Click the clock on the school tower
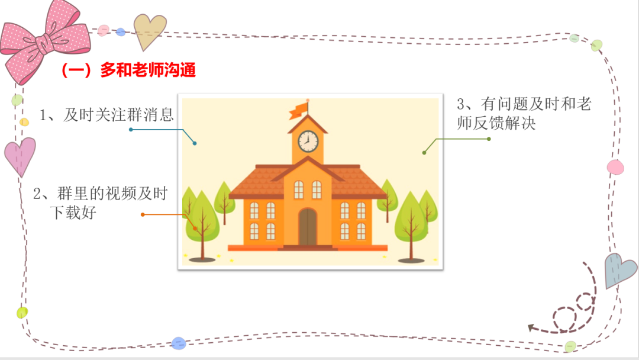coord(308,142)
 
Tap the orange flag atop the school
coord(298,111)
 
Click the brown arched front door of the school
coord(308,227)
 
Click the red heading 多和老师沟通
coord(128,70)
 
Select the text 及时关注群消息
coord(118,115)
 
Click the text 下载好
coord(73,213)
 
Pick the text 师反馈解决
coord(496,123)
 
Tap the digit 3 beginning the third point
coord(460,104)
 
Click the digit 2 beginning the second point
coord(37,194)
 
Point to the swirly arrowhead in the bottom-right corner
coord(531,327)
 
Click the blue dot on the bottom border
coord(179,343)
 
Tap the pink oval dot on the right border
coord(615,167)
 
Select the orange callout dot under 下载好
coord(143,214)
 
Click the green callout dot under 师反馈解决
coord(489,139)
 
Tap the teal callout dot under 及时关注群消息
coord(131,130)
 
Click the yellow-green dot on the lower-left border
coord(22,313)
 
